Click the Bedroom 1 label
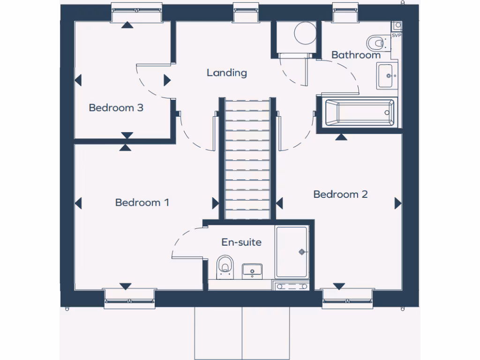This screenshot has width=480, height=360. point(142,202)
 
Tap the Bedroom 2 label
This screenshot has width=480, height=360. point(340,194)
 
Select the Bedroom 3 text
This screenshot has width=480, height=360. point(116,108)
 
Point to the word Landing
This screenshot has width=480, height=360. point(227,73)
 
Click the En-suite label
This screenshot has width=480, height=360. point(241,242)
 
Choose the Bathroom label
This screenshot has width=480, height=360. point(356,55)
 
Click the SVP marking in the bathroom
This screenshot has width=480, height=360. point(396,35)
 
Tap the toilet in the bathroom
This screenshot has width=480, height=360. point(376,43)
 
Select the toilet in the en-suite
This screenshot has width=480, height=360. point(225,265)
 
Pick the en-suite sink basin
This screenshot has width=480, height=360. point(252,270)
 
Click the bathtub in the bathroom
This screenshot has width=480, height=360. point(359,112)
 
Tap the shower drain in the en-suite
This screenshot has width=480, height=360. point(302,252)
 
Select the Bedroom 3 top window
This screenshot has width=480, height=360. point(136,13)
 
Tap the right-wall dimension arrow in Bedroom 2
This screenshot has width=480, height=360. point(398,203)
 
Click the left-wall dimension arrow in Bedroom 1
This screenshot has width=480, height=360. point(78,203)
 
